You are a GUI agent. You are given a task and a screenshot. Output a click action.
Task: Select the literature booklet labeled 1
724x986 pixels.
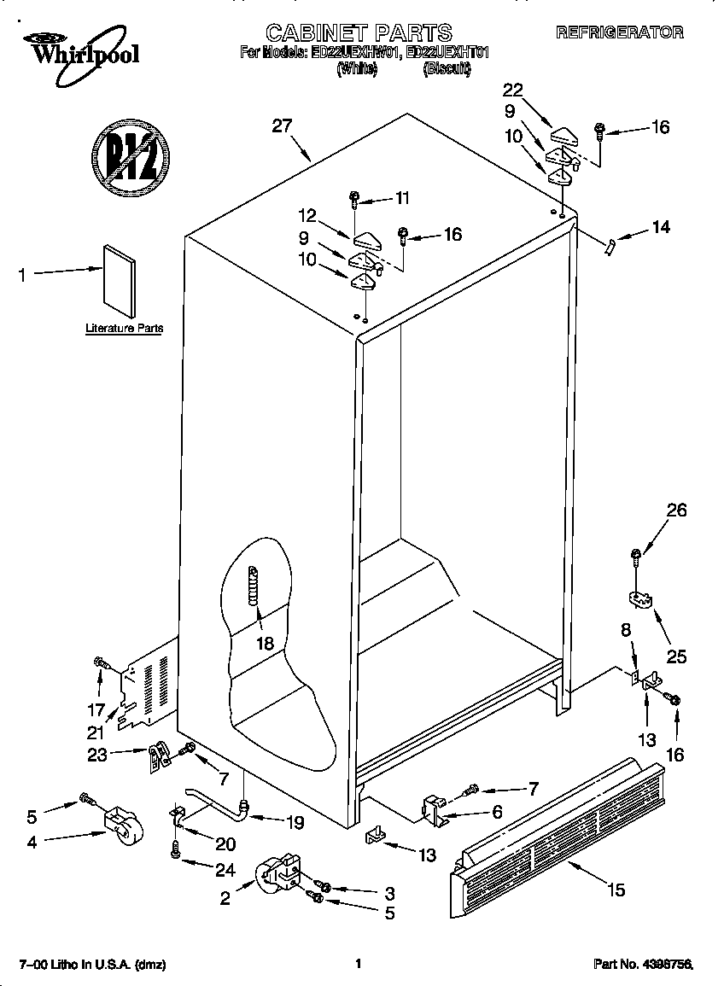120,281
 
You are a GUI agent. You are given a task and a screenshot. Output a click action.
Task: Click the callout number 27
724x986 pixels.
282,126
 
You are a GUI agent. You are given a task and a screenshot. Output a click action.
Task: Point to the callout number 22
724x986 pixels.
512,90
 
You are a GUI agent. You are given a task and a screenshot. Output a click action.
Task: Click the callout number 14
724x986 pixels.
660,227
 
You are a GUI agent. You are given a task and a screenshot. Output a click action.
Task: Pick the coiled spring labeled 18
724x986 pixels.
253,588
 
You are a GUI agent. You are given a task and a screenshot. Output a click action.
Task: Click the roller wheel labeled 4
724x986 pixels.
122,825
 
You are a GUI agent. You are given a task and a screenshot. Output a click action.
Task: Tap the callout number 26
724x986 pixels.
676,511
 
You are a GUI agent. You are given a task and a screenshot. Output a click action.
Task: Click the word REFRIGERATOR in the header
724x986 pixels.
620,32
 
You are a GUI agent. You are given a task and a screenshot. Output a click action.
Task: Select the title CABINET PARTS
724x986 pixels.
359,32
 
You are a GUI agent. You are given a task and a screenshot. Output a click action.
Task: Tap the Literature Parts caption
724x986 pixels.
124,328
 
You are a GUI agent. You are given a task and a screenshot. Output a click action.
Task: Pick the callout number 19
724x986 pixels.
295,823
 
